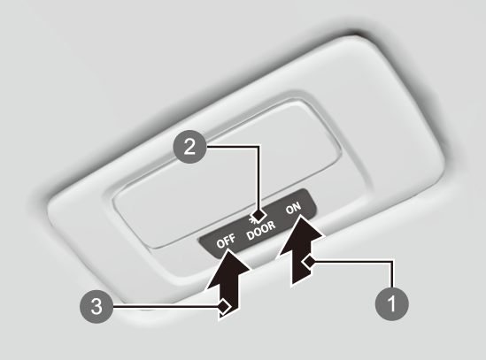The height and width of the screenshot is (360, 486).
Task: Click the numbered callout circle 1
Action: tap(392, 303)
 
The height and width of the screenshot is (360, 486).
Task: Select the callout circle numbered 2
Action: tap(189, 147)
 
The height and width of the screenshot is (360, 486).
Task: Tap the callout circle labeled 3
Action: tap(96, 307)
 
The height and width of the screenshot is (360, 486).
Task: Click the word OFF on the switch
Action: tap(226, 240)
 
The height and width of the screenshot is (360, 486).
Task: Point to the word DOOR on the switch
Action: tap(261, 230)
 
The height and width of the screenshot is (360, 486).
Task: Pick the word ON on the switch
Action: tap(293, 208)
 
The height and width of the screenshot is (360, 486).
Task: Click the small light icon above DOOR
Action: tap(252, 219)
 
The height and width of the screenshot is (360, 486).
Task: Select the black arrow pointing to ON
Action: tap(300, 249)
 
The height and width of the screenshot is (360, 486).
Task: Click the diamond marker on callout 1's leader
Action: tap(308, 263)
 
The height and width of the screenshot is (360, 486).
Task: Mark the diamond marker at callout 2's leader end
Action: tap(258, 215)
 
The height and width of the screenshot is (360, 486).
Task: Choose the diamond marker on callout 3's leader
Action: tap(224, 307)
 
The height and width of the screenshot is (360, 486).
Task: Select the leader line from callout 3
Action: tap(166, 307)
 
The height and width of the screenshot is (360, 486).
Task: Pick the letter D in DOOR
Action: tap(250, 236)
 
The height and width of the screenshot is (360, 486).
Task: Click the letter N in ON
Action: tap(297, 207)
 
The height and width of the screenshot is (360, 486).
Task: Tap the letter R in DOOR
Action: tap(272, 225)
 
